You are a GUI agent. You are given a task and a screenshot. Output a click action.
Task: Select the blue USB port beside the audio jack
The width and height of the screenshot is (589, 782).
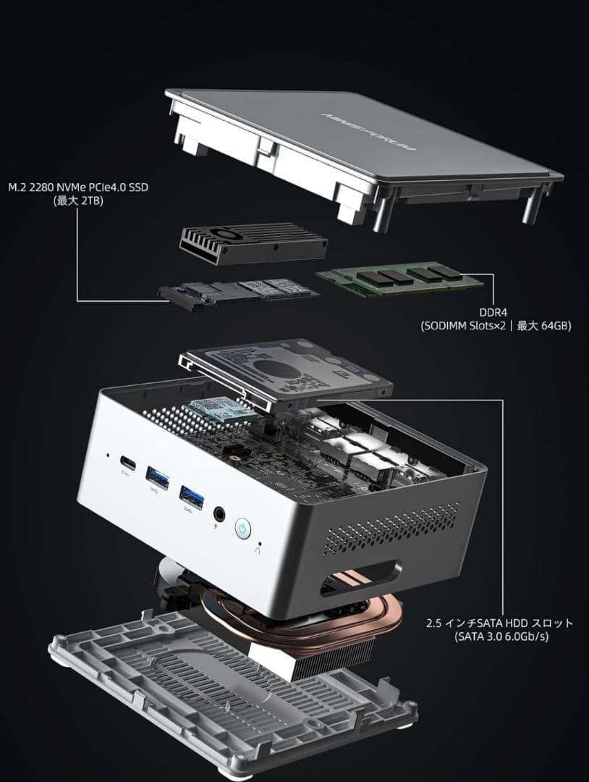pos(192,495)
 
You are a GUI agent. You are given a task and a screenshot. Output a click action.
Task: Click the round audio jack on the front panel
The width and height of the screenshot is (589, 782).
pos(220,515)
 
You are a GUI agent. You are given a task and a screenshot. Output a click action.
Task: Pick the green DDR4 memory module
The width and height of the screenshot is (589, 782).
pos(398,279)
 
